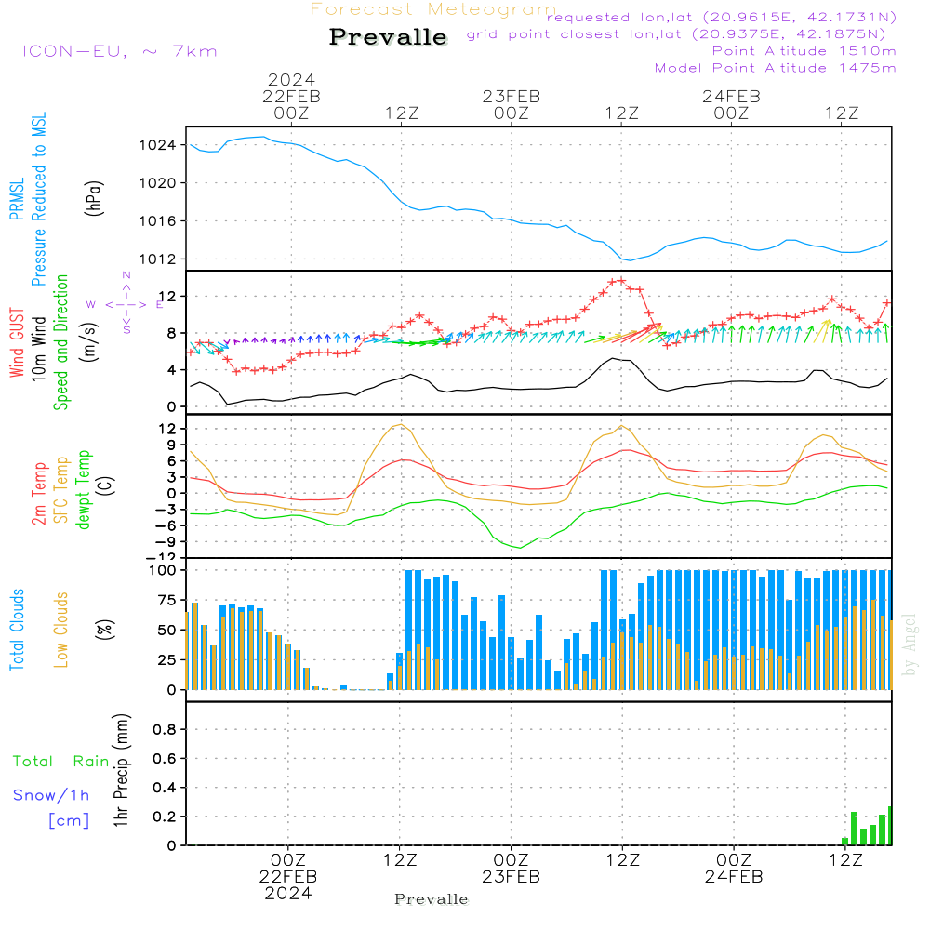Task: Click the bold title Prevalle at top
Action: tap(388, 37)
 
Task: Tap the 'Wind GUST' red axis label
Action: tap(17, 344)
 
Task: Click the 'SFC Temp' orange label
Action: tap(61, 489)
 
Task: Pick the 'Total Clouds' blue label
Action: tap(17, 630)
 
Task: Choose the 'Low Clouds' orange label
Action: tap(61, 629)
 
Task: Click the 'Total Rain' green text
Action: tap(60, 761)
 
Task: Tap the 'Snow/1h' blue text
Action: tap(51, 795)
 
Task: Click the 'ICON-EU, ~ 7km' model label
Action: tap(119, 51)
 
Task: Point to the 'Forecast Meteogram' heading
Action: tap(433, 9)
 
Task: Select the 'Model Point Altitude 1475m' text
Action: tap(775, 68)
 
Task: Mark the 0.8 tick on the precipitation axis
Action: tap(165, 730)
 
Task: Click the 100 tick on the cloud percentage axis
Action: tap(163, 569)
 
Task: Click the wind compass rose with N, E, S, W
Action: tap(126, 304)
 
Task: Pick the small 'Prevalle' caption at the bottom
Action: tap(432, 899)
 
